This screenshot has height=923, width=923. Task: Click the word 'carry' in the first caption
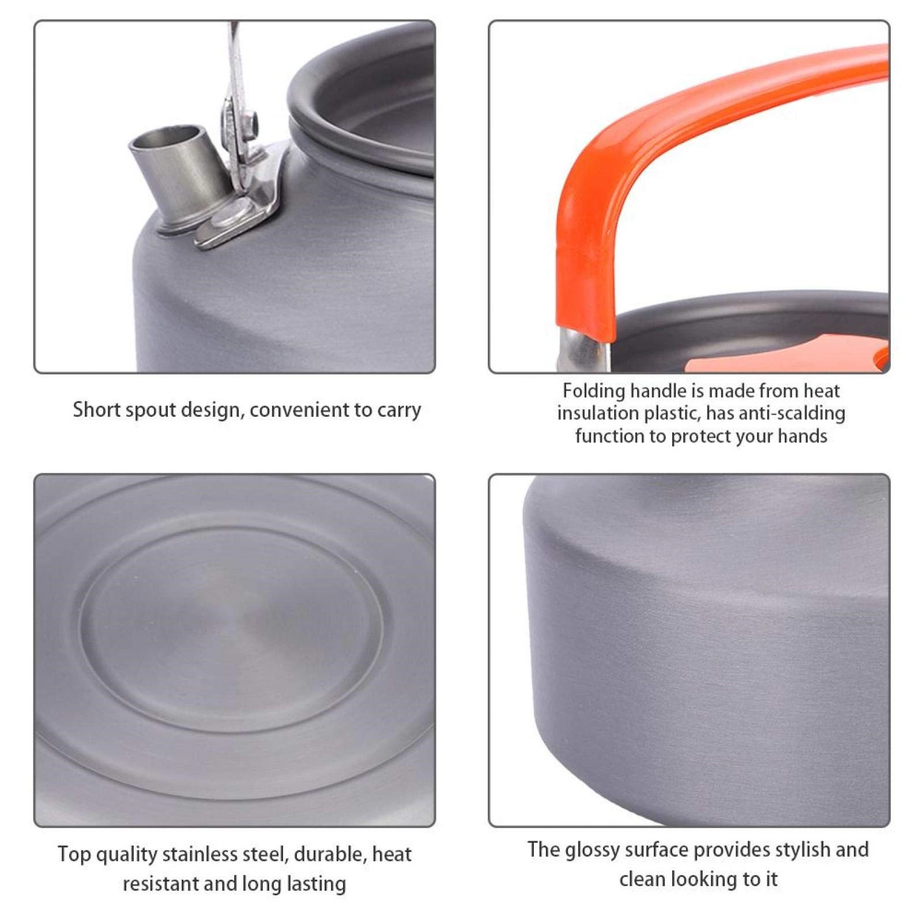pos(399,410)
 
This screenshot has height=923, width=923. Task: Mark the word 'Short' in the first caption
pos(96,410)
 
